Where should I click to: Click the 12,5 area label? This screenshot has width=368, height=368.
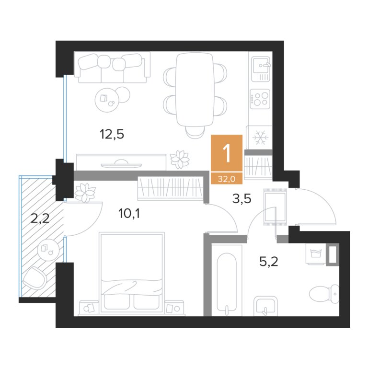[112, 135]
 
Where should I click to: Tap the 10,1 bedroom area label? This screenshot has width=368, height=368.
[129, 213]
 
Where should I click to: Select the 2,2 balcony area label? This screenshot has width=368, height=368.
[40, 218]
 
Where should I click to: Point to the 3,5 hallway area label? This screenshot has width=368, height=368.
[241, 198]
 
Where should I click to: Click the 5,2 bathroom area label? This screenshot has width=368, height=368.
[269, 261]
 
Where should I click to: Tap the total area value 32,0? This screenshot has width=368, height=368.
[227, 179]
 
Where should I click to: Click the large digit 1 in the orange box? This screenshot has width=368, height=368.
[227, 153]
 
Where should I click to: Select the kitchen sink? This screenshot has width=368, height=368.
[261, 69]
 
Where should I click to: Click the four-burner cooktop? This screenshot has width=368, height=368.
[260, 99]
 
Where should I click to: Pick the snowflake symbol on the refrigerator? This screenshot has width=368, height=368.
[260, 138]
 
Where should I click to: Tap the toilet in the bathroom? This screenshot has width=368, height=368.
[324, 294]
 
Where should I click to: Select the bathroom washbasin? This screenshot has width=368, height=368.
[265, 306]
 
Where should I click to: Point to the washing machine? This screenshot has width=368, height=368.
[316, 253]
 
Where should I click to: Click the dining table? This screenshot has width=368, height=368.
[195, 90]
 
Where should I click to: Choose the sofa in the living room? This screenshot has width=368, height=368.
[112, 68]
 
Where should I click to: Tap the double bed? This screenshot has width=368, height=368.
[131, 273]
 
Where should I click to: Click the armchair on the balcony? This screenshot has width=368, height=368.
[34, 278]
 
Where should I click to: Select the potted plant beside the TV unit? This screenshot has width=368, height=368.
[180, 160]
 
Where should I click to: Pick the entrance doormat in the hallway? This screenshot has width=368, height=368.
[276, 207]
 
